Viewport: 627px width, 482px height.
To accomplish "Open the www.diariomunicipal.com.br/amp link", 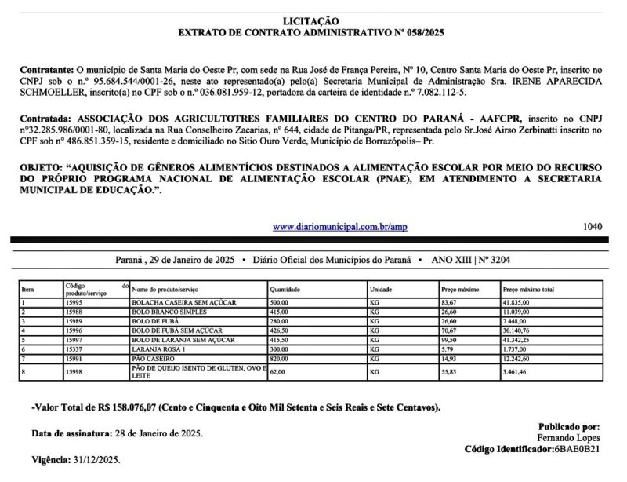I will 339,227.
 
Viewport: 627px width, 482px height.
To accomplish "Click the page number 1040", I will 593,227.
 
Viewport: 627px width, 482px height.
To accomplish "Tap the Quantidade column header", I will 285,290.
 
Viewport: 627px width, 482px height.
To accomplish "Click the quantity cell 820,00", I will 280,356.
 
